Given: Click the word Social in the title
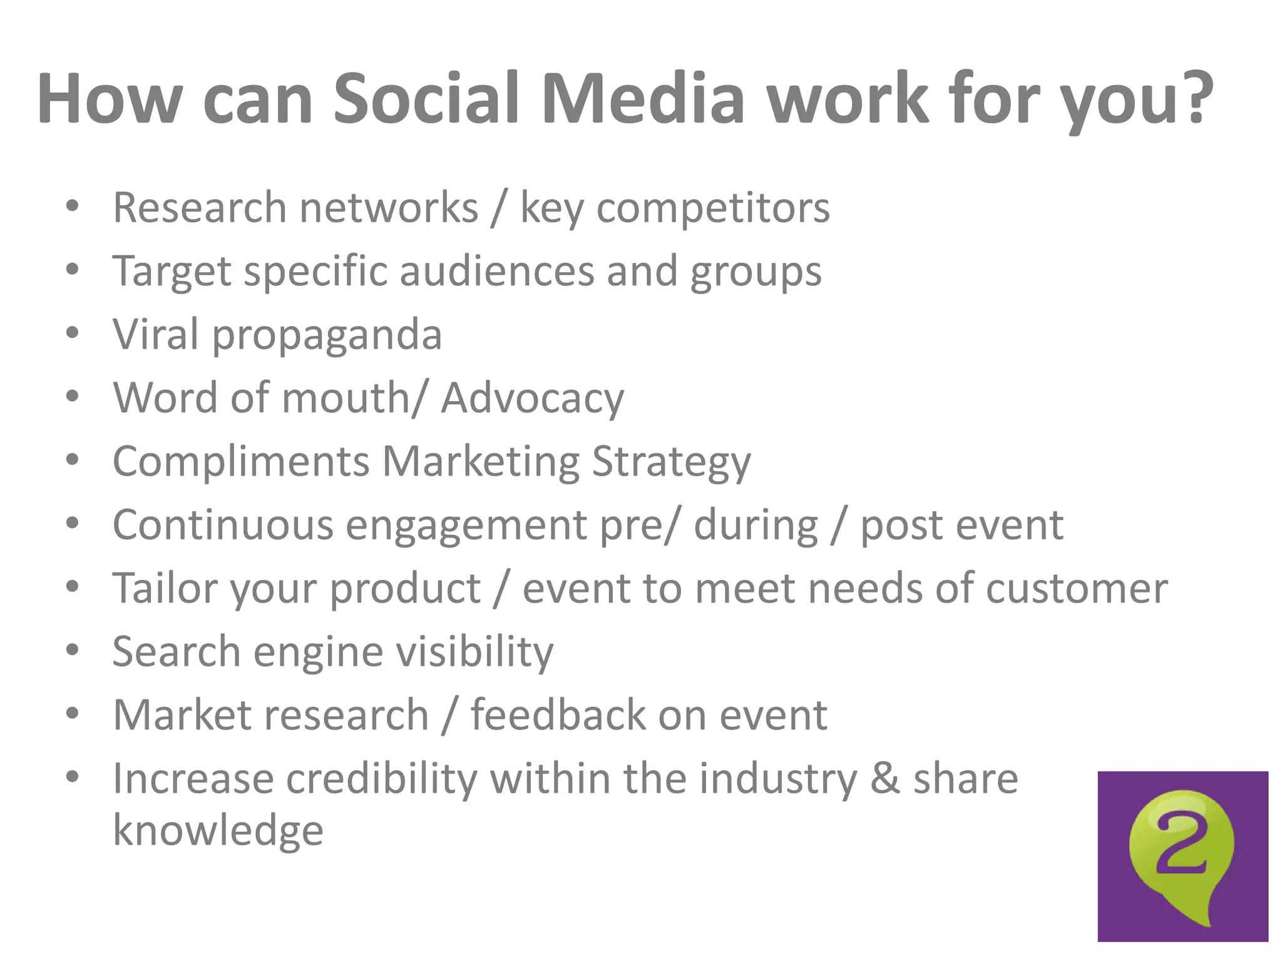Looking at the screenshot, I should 426,99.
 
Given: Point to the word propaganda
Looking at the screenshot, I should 327,335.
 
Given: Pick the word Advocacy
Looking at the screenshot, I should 532,399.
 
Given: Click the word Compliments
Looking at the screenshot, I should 241,462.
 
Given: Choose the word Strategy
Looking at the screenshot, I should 671,462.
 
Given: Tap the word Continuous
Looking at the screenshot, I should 223,525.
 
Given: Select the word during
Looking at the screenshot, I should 756,525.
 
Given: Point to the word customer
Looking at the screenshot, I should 1076,589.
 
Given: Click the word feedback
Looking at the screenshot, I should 558,715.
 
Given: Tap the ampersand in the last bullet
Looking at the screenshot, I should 885,778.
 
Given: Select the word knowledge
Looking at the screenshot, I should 218,831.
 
